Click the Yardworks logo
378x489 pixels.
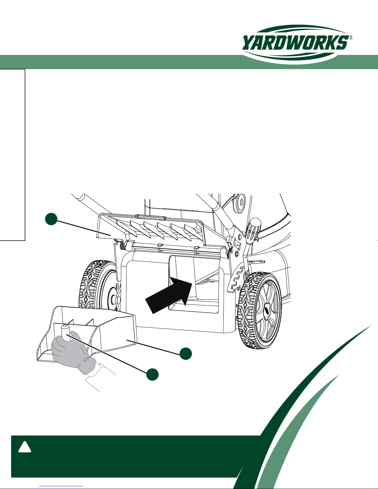click(x=297, y=44)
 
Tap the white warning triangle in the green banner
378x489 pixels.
click(x=25, y=447)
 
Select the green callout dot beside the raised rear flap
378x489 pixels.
click(x=51, y=219)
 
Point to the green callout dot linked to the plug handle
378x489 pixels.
click(x=152, y=375)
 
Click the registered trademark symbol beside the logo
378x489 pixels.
click(x=351, y=37)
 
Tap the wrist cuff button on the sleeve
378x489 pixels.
click(x=103, y=367)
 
